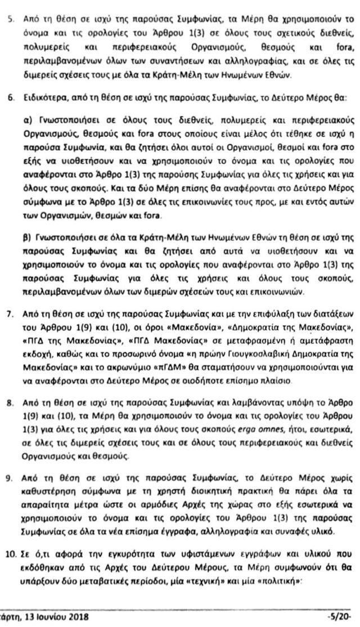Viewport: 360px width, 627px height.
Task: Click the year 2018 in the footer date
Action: pos(68,616)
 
